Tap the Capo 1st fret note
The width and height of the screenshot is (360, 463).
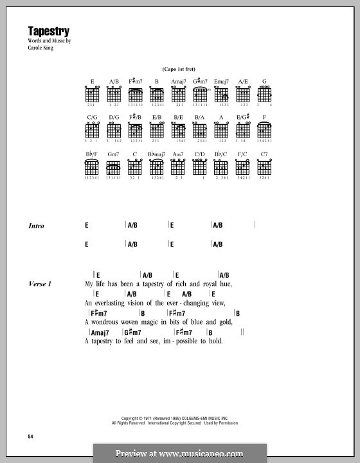(179, 69)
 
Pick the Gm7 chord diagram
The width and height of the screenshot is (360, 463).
(113, 168)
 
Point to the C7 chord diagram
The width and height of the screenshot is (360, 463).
(264, 168)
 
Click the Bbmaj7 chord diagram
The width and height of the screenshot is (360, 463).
(156, 168)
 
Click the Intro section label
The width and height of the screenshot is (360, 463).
(36, 226)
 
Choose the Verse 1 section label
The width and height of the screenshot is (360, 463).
(40, 284)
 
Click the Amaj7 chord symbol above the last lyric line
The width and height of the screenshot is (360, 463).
(99, 332)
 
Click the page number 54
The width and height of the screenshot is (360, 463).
(30, 437)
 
